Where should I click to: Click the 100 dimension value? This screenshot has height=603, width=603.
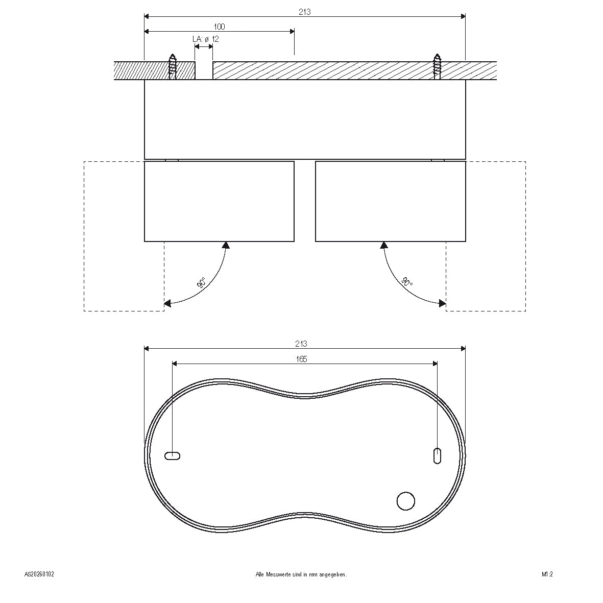click(x=219, y=27)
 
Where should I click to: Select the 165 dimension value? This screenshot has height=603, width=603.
click(x=301, y=359)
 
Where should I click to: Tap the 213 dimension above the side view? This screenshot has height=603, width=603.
click(x=305, y=12)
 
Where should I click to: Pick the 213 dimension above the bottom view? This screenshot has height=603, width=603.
click(x=301, y=344)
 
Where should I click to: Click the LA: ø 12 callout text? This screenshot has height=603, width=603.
click(x=206, y=39)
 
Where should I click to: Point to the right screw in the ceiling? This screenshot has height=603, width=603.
click(x=437, y=66)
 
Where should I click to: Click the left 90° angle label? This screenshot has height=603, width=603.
click(x=202, y=283)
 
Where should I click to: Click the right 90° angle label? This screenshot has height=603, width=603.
click(x=407, y=283)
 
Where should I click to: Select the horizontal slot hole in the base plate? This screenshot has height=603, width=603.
click(x=172, y=456)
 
